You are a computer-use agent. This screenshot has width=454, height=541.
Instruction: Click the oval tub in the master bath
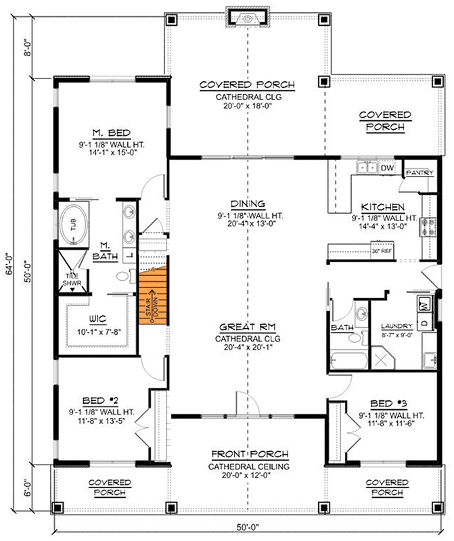[74, 224]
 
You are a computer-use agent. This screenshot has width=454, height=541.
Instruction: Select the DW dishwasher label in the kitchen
[388, 168]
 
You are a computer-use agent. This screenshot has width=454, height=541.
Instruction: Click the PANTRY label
[419, 173]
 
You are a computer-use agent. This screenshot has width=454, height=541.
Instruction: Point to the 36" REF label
[382, 251]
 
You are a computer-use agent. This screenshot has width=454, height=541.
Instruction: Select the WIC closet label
[99, 319]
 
